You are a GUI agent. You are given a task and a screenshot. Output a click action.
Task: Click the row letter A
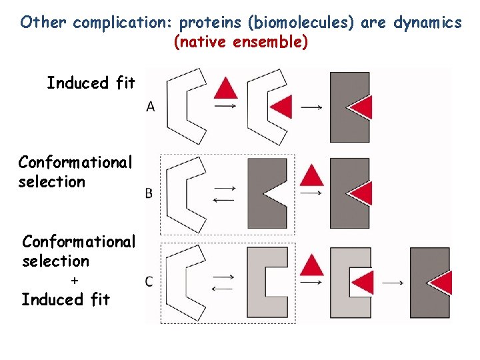(151, 107)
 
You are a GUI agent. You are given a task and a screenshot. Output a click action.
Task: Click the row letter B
(149, 193)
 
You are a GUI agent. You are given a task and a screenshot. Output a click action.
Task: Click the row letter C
(149, 281)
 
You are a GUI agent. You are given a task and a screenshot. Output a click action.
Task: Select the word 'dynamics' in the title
(427, 23)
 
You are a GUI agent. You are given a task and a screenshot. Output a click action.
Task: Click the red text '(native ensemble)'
(241, 43)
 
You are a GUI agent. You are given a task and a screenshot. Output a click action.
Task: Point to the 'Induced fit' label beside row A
(91, 83)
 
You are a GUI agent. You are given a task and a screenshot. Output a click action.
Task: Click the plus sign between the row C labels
(74, 281)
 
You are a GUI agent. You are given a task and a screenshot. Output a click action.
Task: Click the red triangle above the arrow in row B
(311, 176)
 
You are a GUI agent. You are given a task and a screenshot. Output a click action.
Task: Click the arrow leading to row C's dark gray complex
(393, 283)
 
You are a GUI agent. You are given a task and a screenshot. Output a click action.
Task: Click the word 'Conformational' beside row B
(75, 162)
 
